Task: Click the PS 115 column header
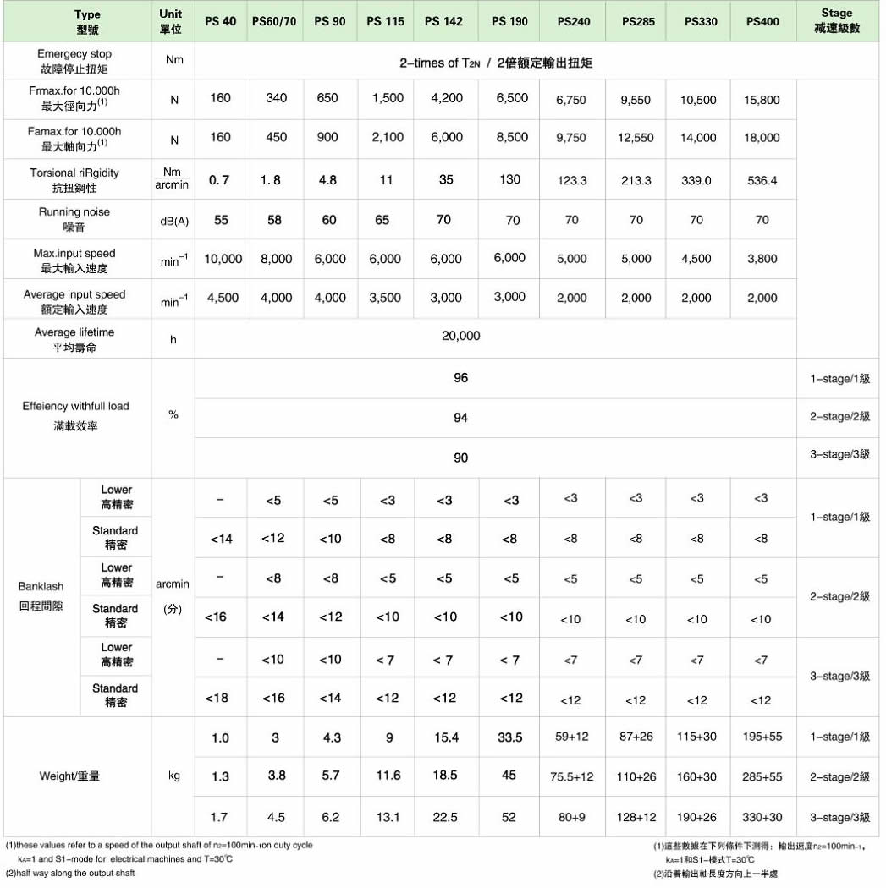point(386,21)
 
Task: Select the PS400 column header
point(762,21)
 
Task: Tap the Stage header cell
point(837,21)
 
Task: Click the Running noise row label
point(74,219)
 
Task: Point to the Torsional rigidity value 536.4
point(762,181)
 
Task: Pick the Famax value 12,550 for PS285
point(636,138)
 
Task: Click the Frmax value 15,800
point(762,100)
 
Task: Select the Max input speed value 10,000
point(223,259)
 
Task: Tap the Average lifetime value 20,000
point(461,336)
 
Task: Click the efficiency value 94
point(460,418)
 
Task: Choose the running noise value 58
point(276,220)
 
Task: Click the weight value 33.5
point(509,737)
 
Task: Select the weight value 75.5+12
point(572,777)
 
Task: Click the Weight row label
point(69,776)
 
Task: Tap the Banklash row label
point(41,595)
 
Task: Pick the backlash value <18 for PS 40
point(220,698)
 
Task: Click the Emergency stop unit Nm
point(173,60)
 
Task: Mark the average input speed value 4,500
point(223,298)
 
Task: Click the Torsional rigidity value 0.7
point(220,180)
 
